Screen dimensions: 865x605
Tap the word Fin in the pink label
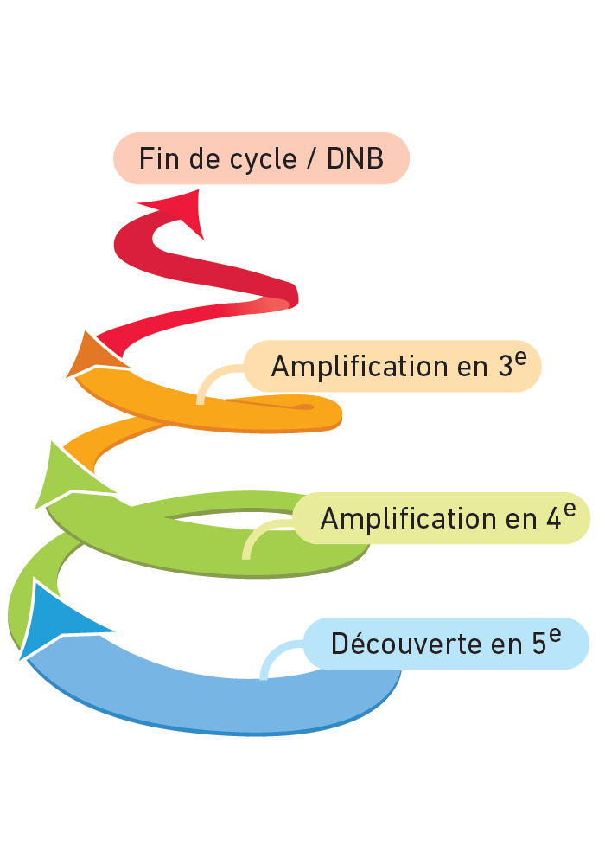157,159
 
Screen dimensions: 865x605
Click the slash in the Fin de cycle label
310,160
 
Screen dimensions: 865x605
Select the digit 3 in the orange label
506,367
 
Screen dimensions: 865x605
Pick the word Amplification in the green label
397,519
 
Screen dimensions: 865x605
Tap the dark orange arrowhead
89,355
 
